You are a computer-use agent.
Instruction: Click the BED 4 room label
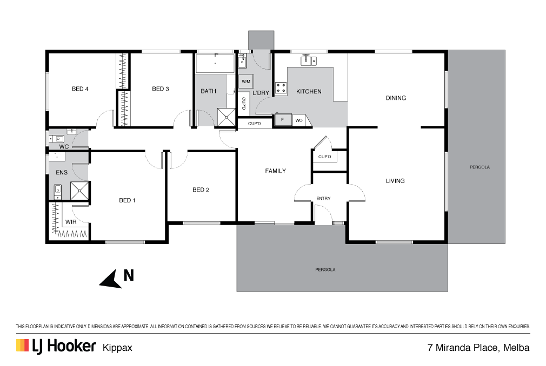(80, 89)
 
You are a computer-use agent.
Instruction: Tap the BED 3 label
(160, 89)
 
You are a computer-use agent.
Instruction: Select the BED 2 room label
(201, 190)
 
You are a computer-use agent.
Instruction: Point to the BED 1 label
(127, 200)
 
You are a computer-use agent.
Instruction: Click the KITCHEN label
(309, 91)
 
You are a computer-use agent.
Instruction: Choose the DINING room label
(396, 98)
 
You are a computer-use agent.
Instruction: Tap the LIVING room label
(395, 181)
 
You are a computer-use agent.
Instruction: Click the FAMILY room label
(275, 171)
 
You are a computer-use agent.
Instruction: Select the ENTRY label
(323, 199)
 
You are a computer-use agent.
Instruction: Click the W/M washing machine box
(246, 82)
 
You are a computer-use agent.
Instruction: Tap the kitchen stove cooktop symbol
(281, 89)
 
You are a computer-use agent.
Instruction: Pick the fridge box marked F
(283, 120)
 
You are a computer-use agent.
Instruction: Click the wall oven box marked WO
(299, 120)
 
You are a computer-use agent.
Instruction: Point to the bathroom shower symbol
(227, 117)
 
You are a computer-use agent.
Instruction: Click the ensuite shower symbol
(80, 191)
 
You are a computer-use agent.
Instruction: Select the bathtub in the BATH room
(215, 63)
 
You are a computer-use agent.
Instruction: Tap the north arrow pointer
(112, 280)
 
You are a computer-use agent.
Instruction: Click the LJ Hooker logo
(56, 346)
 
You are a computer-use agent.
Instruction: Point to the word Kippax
(117, 348)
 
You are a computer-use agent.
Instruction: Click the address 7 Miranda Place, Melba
(478, 347)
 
